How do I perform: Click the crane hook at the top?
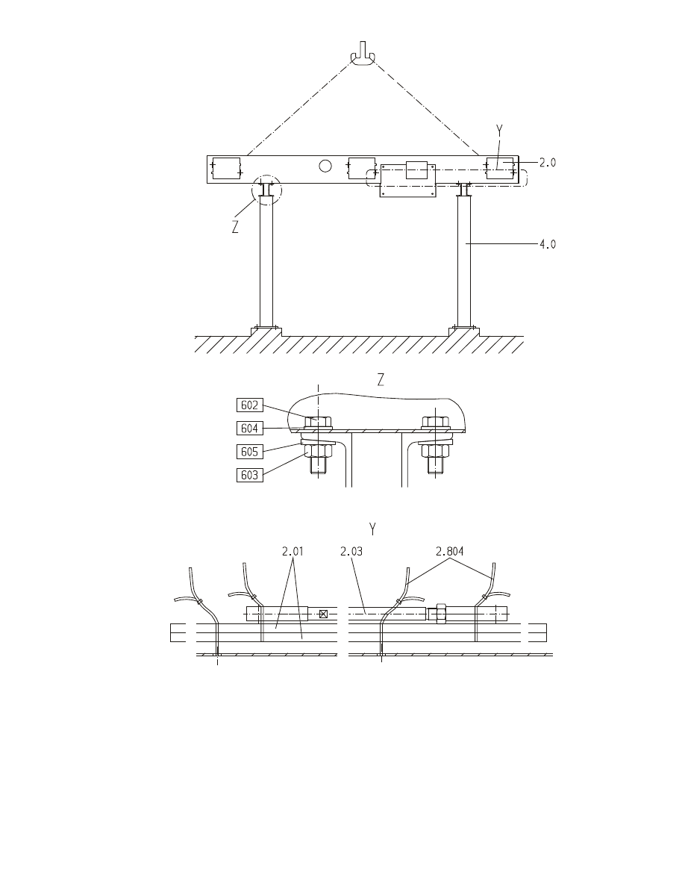(363, 55)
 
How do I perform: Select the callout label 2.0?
(547, 162)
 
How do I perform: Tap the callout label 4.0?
(548, 244)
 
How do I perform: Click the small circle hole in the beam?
(325, 166)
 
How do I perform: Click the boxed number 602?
(250, 405)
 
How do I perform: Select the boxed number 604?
(250, 429)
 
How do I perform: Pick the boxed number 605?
(250, 452)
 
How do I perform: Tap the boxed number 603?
(250, 475)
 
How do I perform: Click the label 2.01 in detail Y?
(293, 551)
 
